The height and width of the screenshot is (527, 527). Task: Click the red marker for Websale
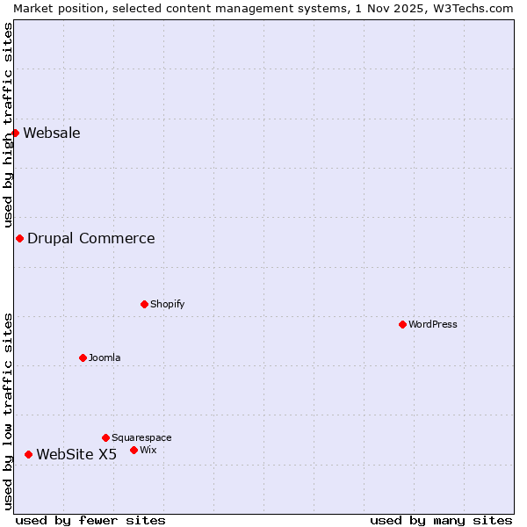click(x=15, y=133)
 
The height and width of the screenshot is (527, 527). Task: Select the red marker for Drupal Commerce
click(x=19, y=238)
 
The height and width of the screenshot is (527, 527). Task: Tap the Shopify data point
click(x=144, y=304)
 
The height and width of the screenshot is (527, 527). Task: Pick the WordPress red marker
click(x=402, y=324)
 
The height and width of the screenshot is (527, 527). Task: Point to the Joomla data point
click(x=83, y=357)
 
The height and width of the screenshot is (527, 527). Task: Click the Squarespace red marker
click(x=105, y=437)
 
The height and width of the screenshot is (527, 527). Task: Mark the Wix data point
click(x=134, y=450)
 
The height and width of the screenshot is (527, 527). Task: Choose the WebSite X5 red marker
click(x=28, y=454)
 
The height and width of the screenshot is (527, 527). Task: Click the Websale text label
click(x=52, y=133)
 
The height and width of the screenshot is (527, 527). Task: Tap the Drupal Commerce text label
click(x=91, y=238)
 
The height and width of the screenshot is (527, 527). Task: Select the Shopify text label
click(x=168, y=304)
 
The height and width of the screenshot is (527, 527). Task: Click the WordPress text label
click(x=433, y=324)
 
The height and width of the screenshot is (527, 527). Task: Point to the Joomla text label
click(x=105, y=357)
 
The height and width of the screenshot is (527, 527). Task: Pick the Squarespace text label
click(x=141, y=437)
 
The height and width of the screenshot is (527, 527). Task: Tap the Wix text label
click(x=148, y=450)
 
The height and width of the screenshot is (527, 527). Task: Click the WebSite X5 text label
click(x=76, y=454)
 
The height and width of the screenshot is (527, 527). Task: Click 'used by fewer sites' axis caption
click(x=90, y=520)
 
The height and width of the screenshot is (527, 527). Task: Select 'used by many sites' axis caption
click(x=441, y=520)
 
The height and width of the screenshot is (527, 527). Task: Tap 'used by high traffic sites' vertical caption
click(x=8, y=125)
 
